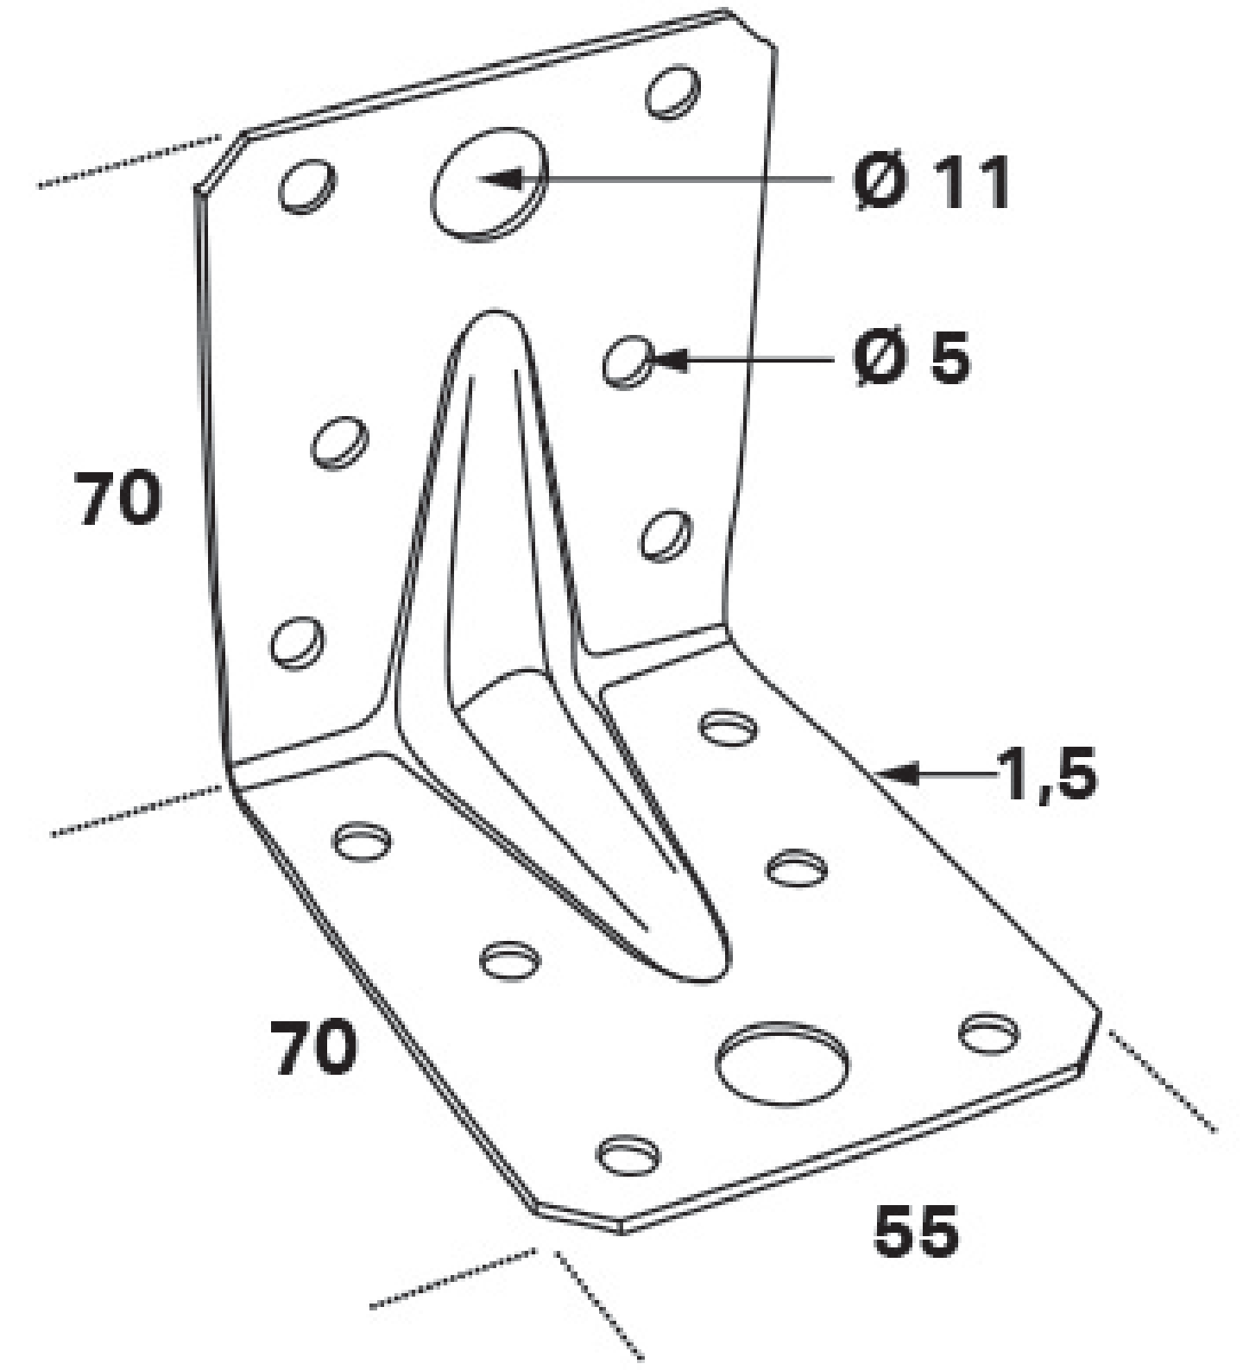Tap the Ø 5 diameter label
pyautogui.click(x=912, y=357)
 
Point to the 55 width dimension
pyautogui.click(x=915, y=1232)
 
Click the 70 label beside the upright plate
pyautogui.click(x=118, y=498)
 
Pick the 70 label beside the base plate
pyautogui.click(x=313, y=1047)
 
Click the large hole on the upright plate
pyautogui.click(x=489, y=184)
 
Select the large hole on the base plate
pyautogui.click(x=782, y=1064)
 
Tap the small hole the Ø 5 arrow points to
pyautogui.click(x=628, y=361)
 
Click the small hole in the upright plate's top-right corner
pyautogui.click(x=672, y=91)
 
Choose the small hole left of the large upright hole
pyautogui.click(x=307, y=186)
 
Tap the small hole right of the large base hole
pyautogui.click(x=989, y=1033)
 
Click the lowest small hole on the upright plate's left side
pyautogui.click(x=298, y=642)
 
